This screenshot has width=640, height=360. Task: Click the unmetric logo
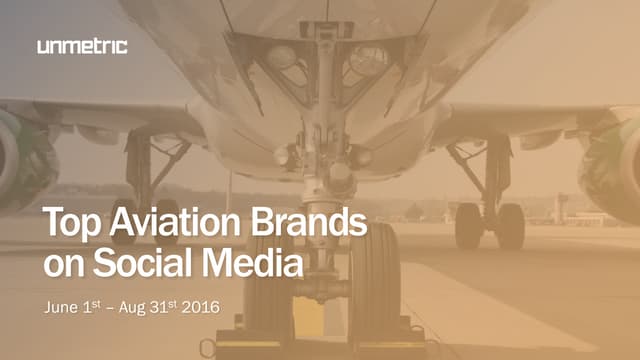[82, 46]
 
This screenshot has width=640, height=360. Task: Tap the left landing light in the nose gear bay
[283, 58]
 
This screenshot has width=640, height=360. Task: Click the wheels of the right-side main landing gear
[490, 225]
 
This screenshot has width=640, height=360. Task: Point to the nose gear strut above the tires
[322, 200]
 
